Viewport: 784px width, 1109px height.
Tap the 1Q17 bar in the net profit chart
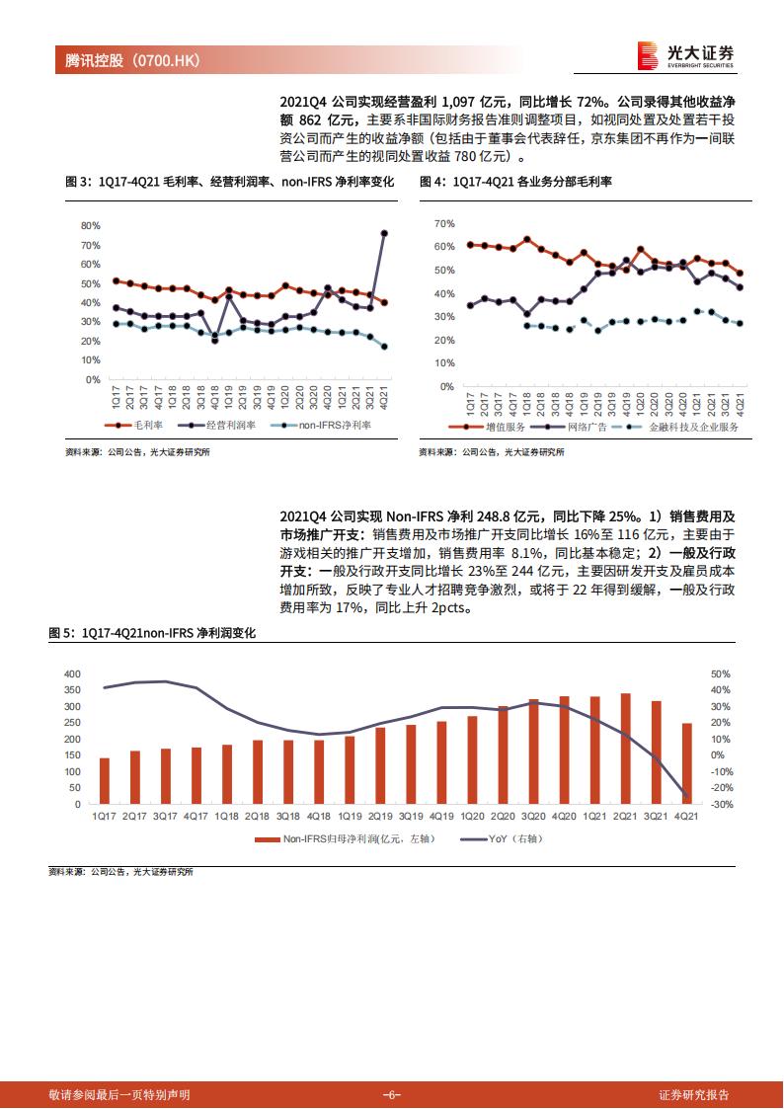pos(104,781)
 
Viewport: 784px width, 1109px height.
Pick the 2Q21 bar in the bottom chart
pos(625,749)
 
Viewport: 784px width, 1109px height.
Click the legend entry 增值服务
pos(491,428)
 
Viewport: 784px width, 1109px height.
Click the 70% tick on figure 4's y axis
pos(443,223)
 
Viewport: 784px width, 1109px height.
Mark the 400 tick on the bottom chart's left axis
pos(71,673)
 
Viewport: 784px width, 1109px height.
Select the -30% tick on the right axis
pos(721,805)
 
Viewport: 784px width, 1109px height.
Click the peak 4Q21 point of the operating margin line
pos(384,233)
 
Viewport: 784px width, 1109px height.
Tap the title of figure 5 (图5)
pos(152,633)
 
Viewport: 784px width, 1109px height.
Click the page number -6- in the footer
pos(391,1094)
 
